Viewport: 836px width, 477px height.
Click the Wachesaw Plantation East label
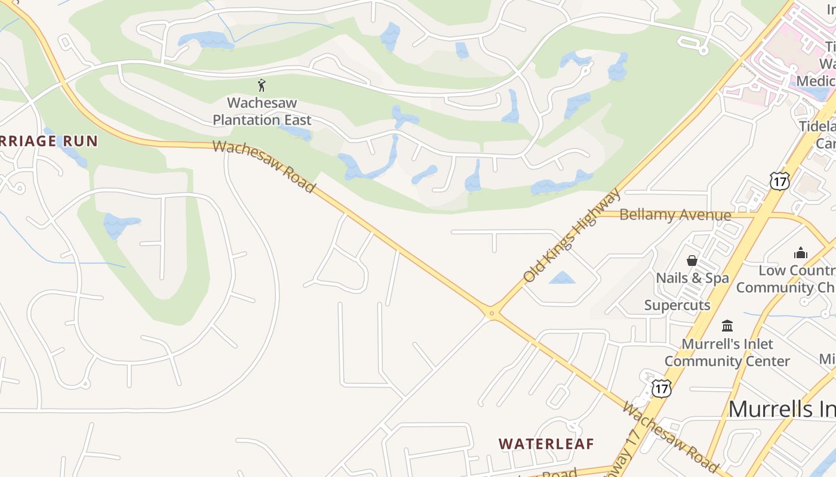click(262, 111)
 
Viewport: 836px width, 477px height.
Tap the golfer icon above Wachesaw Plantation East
click(261, 85)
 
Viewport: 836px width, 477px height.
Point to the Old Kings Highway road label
click(572, 236)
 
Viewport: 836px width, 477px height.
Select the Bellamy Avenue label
click(675, 215)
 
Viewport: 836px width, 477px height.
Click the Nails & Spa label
click(692, 278)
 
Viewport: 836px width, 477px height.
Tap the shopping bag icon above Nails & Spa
click(692, 261)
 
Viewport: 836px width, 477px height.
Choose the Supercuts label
click(677, 305)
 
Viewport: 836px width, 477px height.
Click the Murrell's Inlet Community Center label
click(727, 352)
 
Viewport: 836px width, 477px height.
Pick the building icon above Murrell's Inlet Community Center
click(727, 326)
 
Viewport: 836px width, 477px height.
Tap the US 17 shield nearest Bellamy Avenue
click(779, 181)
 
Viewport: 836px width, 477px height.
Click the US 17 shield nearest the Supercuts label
click(661, 389)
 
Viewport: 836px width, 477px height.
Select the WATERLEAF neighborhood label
click(546, 444)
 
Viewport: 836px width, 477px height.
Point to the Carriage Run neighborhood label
click(48, 141)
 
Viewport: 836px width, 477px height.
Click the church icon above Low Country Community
click(800, 253)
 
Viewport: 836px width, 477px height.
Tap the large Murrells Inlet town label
click(782, 409)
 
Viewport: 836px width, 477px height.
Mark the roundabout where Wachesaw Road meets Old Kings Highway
click(491, 312)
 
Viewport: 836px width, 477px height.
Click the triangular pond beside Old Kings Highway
click(561, 278)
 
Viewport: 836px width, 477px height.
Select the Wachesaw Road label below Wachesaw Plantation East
click(263, 166)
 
